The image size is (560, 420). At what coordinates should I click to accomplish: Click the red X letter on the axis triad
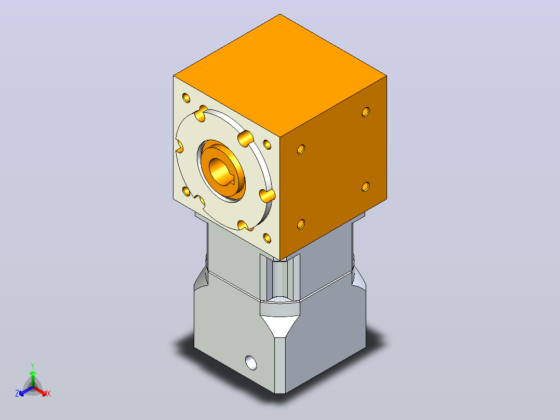coord(49,393)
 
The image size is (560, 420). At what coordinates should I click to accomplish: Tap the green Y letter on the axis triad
coord(33,365)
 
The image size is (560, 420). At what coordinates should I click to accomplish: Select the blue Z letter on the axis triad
coord(17,393)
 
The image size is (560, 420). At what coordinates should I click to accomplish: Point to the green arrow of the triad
coord(33,378)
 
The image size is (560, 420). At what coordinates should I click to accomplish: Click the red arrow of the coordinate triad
coord(40,391)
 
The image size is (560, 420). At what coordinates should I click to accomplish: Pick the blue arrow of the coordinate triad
coord(26,391)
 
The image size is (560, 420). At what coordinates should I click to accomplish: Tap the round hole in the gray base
coord(251,363)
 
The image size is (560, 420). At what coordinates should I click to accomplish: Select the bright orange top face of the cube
coord(280,75)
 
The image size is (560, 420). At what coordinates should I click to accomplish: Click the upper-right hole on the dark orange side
coord(365,112)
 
